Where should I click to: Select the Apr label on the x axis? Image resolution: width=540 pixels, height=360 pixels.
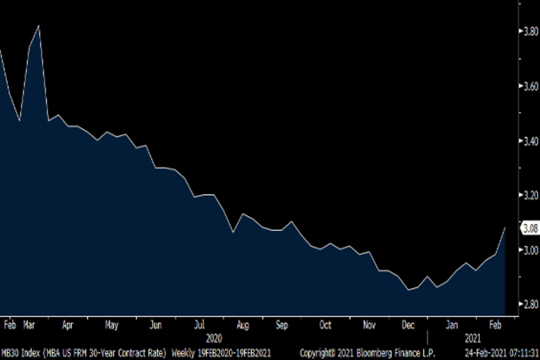(x=67, y=325)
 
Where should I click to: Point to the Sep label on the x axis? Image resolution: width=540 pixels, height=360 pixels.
(x=281, y=325)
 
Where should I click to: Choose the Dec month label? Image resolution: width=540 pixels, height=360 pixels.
(x=408, y=325)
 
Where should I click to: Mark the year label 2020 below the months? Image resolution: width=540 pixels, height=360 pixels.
(x=214, y=337)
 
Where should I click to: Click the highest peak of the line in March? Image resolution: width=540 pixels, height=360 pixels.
(x=39, y=26)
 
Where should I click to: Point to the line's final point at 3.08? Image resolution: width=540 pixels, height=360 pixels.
(x=505, y=228)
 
